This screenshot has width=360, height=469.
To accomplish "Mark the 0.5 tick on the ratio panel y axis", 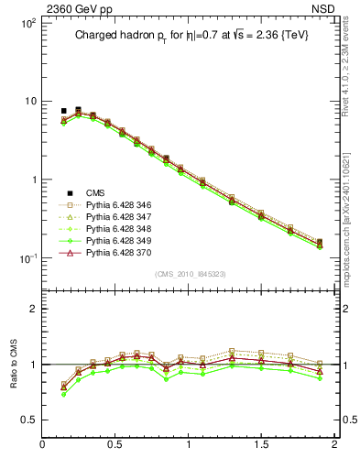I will (x=28, y=420).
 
